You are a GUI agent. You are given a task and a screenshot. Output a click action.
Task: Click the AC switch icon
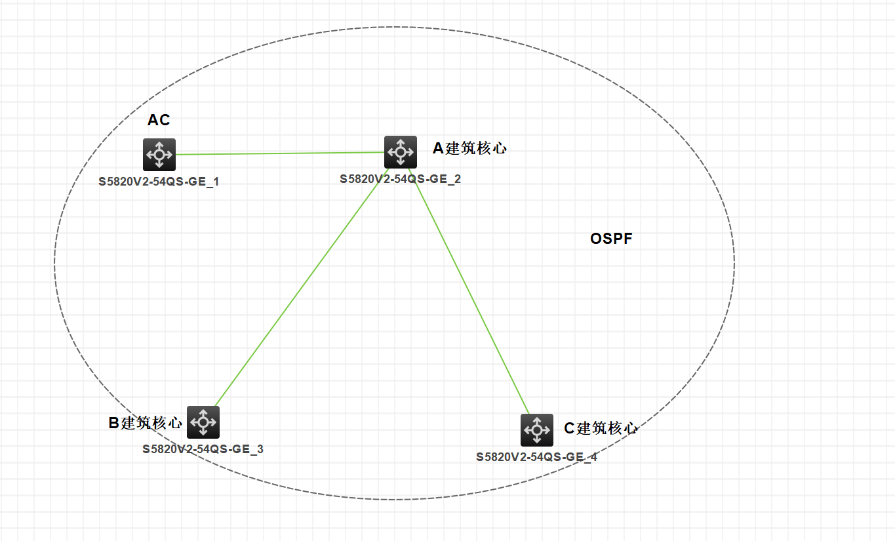coord(159,155)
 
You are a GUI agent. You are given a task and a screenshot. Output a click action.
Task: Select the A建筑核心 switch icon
coord(400,152)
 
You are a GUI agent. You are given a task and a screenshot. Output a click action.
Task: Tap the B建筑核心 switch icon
coord(203,422)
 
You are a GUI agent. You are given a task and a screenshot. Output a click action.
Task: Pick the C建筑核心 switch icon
coord(537,430)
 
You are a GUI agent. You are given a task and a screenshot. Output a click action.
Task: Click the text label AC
coord(159,121)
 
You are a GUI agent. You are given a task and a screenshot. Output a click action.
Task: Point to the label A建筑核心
coord(469,149)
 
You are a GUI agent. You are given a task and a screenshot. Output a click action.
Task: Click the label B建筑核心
coord(145,423)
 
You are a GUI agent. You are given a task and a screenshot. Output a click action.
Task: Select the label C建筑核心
coord(601,429)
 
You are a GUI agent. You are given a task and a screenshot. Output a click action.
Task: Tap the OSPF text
coord(611,239)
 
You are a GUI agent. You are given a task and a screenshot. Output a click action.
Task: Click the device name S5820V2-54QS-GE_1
coord(159,182)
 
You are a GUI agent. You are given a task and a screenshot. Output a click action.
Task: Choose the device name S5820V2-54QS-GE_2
coord(400,179)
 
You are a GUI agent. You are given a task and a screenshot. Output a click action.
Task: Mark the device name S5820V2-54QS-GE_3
coord(203,449)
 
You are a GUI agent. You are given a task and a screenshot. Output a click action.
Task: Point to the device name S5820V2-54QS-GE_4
coord(536,457)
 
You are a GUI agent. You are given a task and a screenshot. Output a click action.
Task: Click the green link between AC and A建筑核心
coord(279,153)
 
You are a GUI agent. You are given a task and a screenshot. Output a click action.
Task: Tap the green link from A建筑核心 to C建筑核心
coord(469,289)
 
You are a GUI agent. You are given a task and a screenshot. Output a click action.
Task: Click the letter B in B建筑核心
coord(113,424)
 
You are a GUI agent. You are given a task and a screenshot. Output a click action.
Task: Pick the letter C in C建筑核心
coord(569,429)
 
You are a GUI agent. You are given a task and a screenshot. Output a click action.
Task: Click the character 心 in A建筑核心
coord(500,149)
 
